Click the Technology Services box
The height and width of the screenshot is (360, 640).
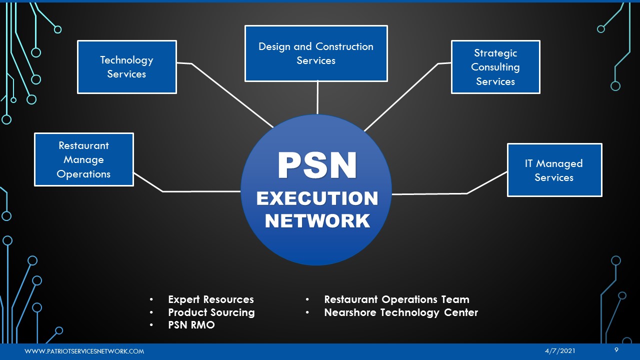click(x=127, y=67)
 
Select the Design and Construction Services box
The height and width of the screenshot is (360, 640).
click(x=316, y=53)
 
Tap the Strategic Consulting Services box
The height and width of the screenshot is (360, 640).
click(x=495, y=67)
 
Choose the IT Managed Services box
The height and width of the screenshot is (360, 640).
click(x=554, y=170)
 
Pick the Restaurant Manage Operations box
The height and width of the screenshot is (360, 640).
click(x=83, y=159)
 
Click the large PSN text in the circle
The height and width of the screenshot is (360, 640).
click(x=317, y=166)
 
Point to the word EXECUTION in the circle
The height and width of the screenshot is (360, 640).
click(x=317, y=198)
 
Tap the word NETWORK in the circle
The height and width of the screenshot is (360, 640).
click(x=317, y=220)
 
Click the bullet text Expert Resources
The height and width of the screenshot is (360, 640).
click(x=211, y=299)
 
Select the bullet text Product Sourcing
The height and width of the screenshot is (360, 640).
click(x=211, y=312)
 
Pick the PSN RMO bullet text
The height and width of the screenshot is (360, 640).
click(x=191, y=325)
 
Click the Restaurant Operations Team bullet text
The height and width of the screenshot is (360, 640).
click(x=396, y=299)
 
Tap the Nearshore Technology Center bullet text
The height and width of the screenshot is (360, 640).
click(x=401, y=312)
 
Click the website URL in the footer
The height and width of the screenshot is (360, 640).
click(x=84, y=351)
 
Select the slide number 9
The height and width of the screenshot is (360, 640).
click(x=616, y=350)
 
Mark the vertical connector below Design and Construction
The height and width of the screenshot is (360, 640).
click(x=317, y=97)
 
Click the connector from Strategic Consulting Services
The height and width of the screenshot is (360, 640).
click(x=400, y=97)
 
